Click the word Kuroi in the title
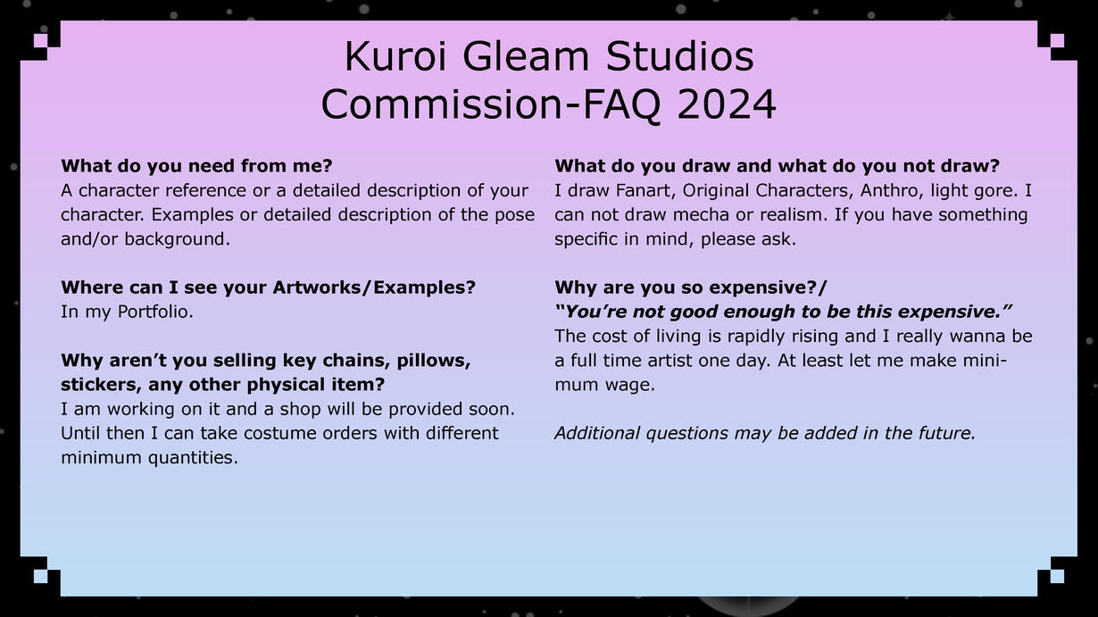click(395, 56)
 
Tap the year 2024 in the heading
click(727, 104)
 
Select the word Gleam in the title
click(526, 56)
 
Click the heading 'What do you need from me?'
click(196, 166)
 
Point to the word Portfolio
click(155, 312)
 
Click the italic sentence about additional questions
click(765, 433)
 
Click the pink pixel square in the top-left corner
click(41, 40)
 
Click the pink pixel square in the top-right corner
click(1057, 40)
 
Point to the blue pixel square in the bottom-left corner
click(41, 576)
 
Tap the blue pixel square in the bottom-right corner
click(1057, 576)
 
